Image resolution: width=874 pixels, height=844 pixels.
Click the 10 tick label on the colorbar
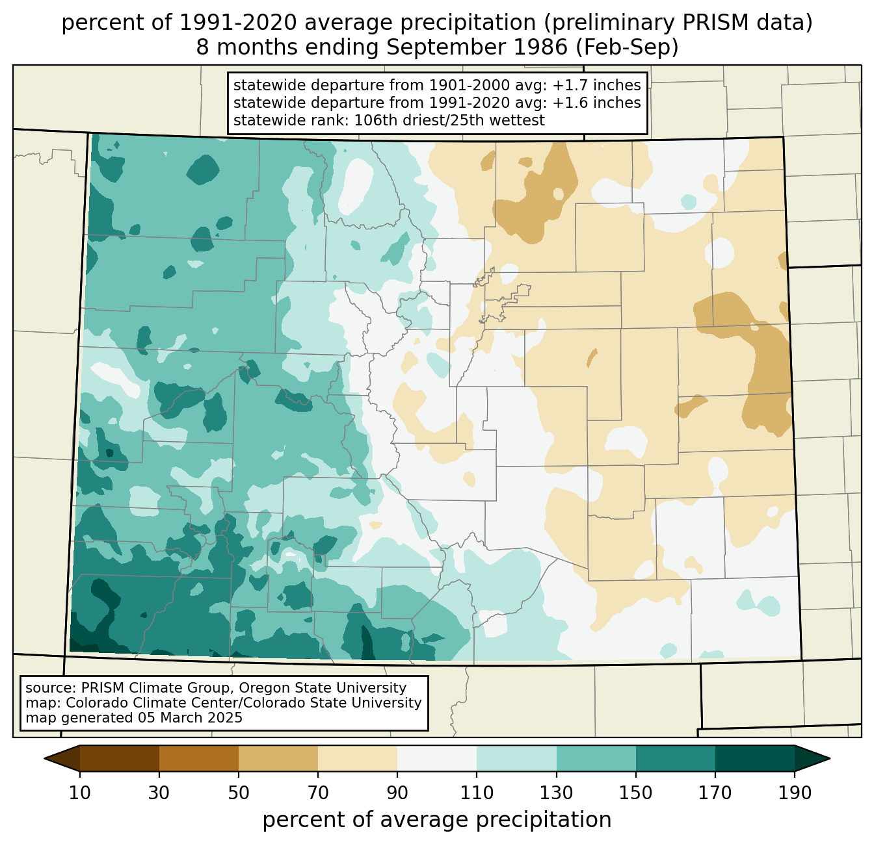[79, 793]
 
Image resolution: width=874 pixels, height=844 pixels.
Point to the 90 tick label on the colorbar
[397, 793]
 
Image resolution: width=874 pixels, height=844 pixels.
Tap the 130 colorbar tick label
[556, 793]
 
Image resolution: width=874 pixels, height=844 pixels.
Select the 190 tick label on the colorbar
[795, 793]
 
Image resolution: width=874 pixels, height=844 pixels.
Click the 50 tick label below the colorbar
[239, 793]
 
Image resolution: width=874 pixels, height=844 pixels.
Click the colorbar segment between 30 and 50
[198, 759]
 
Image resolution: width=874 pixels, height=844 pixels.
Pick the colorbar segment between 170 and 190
[754, 759]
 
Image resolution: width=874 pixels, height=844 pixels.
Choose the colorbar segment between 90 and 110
[437, 759]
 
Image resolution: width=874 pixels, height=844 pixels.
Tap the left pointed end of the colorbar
[45, 759]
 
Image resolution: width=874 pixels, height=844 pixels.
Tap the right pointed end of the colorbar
[829, 759]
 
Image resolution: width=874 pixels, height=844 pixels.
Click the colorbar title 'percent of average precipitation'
[436, 820]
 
